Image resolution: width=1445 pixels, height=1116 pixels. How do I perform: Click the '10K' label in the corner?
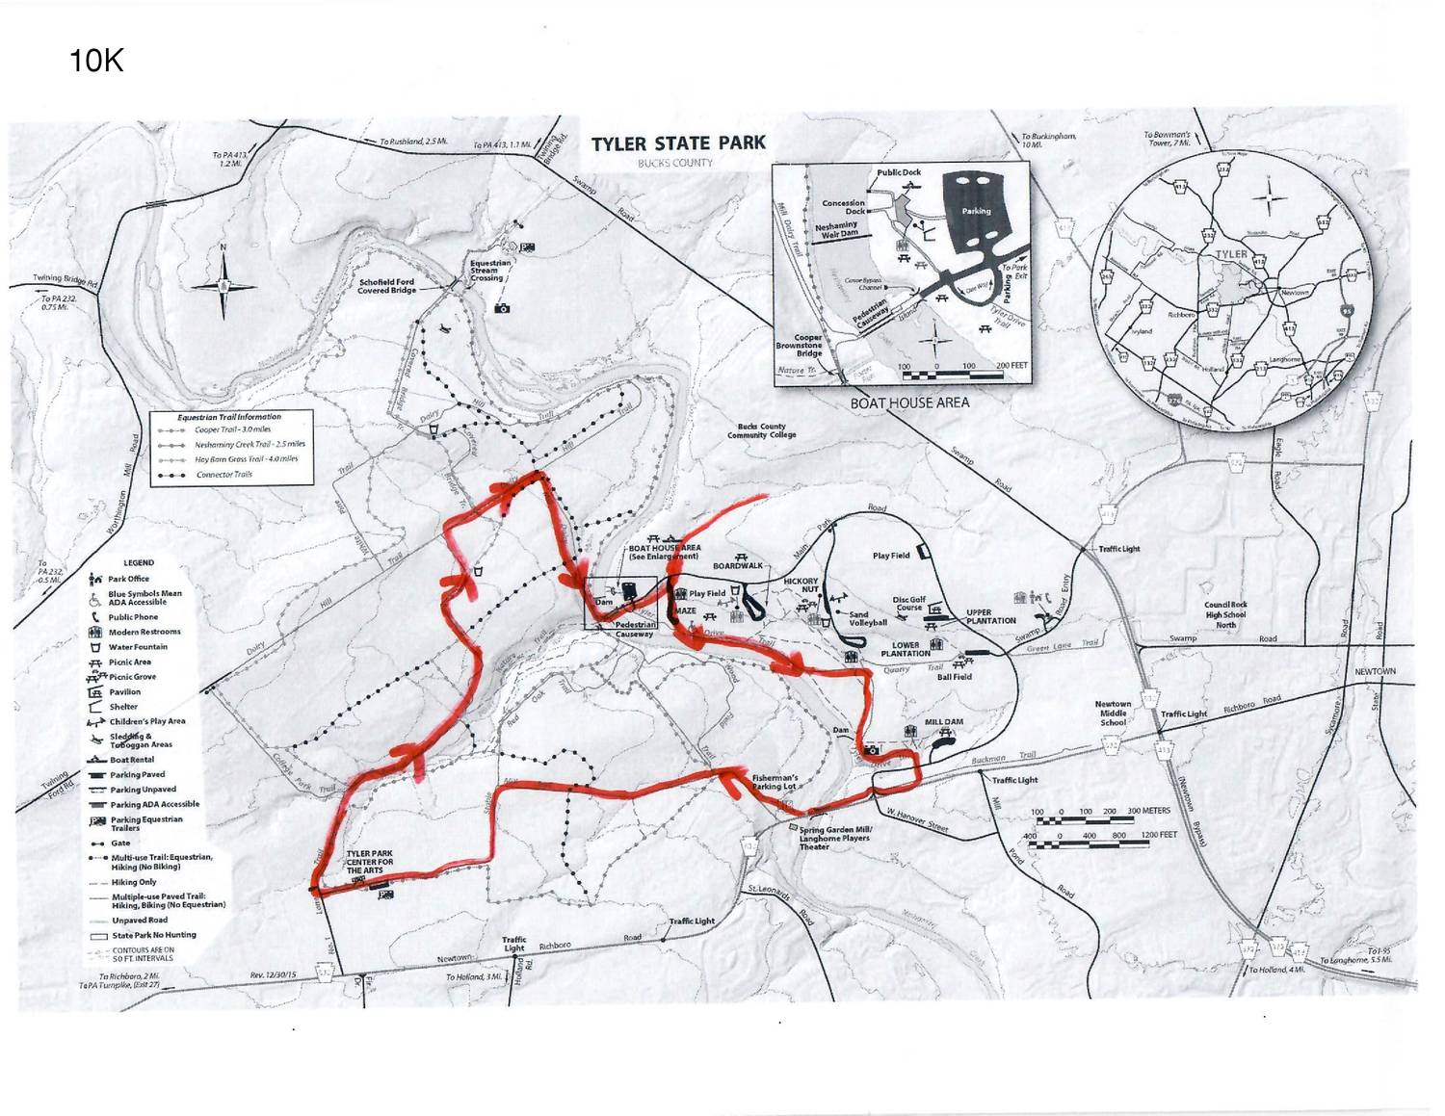96,62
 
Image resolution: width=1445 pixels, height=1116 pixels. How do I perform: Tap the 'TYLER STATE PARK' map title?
678,143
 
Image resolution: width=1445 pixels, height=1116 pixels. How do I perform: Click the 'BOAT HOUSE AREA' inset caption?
908,402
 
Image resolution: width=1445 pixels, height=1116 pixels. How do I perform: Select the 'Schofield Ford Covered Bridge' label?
386,286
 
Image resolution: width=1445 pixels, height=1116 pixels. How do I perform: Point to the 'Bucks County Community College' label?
761,430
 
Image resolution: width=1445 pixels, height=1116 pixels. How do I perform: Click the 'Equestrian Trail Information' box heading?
229,417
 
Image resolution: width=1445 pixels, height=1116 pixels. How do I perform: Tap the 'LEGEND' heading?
139,562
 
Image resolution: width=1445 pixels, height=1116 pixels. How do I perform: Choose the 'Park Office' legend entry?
128,579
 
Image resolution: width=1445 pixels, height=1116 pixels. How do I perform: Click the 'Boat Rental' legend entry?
132,760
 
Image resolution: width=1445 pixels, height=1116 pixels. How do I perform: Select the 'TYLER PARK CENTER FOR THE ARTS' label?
369,862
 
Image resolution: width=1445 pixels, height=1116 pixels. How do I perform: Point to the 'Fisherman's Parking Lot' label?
775,782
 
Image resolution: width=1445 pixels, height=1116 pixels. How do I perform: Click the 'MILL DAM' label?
944,721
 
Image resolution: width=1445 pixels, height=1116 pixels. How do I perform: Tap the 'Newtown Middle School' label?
1113,713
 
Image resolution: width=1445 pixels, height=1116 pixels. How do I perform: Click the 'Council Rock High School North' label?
1225,614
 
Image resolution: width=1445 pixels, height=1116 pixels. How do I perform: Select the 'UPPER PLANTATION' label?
991,616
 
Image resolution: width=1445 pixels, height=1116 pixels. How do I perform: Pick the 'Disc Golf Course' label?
908,604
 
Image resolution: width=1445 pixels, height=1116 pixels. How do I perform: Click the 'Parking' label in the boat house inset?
976,211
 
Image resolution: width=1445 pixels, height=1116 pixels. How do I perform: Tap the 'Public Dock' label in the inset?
899,172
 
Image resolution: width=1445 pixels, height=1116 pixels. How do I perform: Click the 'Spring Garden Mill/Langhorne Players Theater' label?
834,838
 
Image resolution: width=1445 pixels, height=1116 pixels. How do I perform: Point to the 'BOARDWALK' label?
738,566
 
